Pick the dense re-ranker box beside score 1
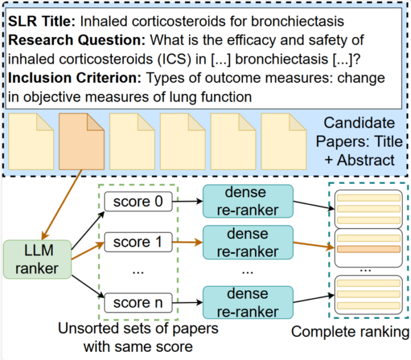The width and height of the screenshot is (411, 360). pyautogui.click(x=247, y=243)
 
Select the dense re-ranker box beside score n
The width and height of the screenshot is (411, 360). pyautogui.click(x=247, y=303)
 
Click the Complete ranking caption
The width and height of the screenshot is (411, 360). pyautogui.click(x=351, y=332)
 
